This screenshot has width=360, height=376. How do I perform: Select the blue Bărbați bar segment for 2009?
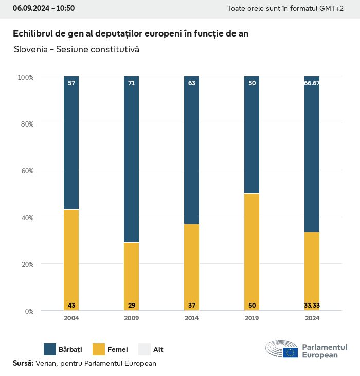coord(132,159)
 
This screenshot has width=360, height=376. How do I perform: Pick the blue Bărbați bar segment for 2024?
coord(312,154)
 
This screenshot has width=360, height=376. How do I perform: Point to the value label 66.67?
coord(312,83)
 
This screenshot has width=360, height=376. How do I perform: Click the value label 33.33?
coord(312,306)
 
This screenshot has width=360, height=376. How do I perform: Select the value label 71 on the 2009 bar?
coord(132,83)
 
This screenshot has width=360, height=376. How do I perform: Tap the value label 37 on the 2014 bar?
coord(192,306)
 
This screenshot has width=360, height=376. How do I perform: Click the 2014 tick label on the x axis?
coord(192,318)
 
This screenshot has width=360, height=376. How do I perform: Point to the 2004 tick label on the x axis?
coord(71,318)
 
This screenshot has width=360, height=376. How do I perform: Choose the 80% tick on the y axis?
coord(26,124)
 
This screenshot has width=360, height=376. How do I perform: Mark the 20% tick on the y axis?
coord(26,264)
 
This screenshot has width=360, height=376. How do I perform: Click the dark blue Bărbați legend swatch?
coord(50,349)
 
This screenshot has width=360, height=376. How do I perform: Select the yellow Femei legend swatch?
coord(99,349)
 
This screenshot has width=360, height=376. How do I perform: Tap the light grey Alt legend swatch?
coord(145,349)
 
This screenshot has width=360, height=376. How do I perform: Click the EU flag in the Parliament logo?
coord(290,353)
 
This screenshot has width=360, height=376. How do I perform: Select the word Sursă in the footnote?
coord(23,363)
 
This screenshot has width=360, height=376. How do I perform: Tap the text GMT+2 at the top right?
coord(333,9)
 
